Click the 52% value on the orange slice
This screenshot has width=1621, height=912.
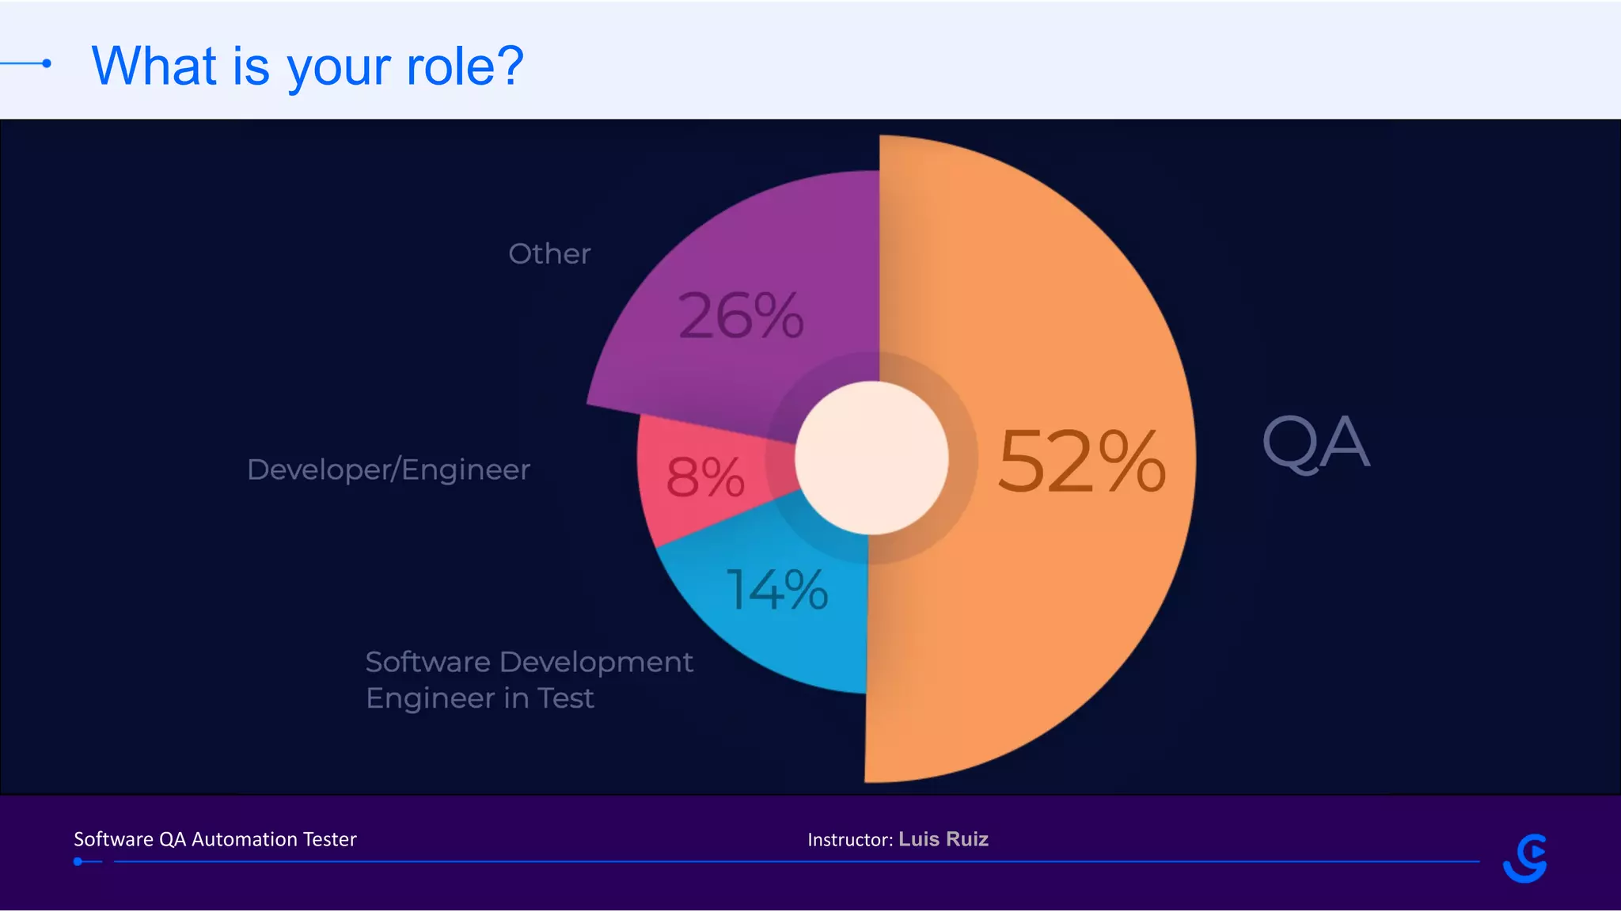1081,462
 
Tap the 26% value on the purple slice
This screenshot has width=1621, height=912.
741,316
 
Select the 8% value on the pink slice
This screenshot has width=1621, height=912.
704,477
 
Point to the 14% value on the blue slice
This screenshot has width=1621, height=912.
777,590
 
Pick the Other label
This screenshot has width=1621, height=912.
549,254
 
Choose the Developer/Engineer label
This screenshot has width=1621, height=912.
389,469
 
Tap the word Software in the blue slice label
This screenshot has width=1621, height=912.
427,662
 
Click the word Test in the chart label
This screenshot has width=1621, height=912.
565,698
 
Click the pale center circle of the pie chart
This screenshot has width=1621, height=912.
871,458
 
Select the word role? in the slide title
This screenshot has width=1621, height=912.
465,66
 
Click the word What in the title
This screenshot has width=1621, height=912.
154,66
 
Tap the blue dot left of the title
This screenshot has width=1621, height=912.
47,63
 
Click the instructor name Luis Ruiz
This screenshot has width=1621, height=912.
943,839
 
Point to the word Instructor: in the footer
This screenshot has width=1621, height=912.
850,840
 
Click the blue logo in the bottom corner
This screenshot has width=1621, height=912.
1525,858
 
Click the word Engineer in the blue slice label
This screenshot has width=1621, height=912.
431,698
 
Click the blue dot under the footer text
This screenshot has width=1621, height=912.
78,861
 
